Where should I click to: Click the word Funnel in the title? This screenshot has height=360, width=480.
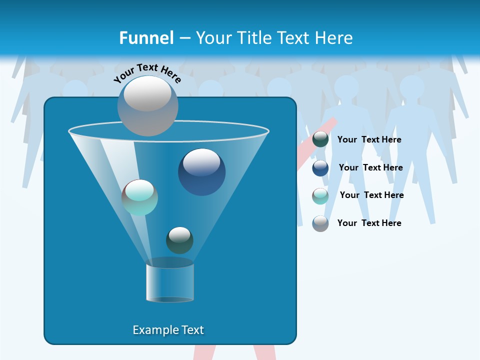pos(146,38)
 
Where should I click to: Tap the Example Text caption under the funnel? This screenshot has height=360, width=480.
pos(168,330)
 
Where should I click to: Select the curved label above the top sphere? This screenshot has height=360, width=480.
pos(147,73)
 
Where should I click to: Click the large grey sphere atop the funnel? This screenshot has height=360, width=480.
pos(147,105)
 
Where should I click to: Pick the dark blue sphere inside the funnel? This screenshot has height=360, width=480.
pos(201,172)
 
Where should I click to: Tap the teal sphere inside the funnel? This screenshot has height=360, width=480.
pos(139,197)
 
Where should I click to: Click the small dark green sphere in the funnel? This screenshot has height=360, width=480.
pos(179,240)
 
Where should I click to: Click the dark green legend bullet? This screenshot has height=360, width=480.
pos(320,139)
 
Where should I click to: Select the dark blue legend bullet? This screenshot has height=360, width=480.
pos(320,168)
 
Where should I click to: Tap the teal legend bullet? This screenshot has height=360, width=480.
pos(320,196)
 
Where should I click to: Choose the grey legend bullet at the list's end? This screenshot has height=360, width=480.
pos(320,223)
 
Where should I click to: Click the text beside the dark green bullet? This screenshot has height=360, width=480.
pos(369,140)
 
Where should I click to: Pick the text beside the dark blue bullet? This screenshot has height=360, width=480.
pos(370,168)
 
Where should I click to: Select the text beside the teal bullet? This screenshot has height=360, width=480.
pos(371,195)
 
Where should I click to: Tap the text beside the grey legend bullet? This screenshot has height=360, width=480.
pos(369,223)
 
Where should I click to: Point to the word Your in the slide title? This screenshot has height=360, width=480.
pos(213,38)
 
